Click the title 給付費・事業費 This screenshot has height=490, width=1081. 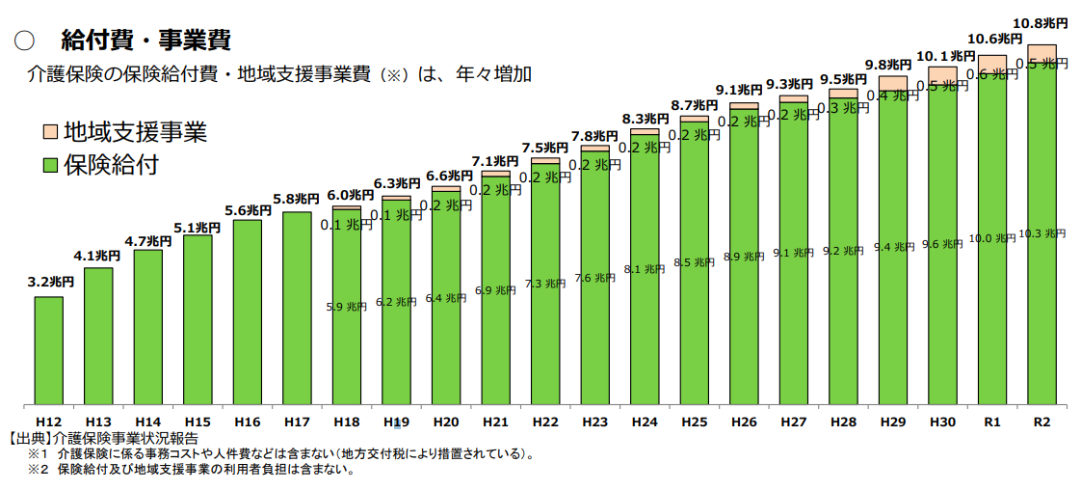[x=145, y=41]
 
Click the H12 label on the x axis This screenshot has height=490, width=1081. [x=49, y=422]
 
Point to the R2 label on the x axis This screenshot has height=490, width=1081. [x=1041, y=422]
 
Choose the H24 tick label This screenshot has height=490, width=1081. [x=645, y=422]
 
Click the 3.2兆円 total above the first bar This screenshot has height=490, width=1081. [x=49, y=282]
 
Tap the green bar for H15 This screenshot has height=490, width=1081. [x=198, y=318]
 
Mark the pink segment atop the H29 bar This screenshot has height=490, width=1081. [x=893, y=83]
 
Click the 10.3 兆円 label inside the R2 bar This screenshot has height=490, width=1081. [x=1041, y=233]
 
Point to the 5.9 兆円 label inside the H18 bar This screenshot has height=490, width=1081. [x=347, y=307]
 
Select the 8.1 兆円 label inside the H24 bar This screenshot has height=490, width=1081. [x=645, y=269]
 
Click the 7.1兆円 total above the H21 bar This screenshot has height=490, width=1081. [x=495, y=160]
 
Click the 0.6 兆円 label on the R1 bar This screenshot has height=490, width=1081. [x=992, y=74]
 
